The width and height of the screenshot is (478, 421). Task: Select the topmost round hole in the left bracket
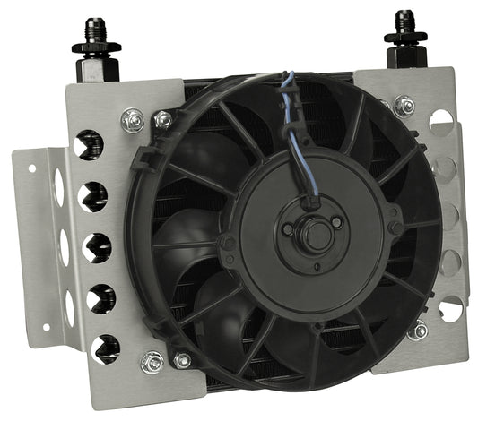(x=89, y=143)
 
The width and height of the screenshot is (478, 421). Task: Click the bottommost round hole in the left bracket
(x=104, y=348)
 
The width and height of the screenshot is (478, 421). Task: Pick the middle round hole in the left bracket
(x=97, y=247)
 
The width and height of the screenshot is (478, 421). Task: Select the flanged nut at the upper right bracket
(x=404, y=106)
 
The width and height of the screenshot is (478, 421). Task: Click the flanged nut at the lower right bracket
(x=416, y=331)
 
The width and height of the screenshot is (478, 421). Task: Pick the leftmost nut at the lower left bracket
(x=153, y=362)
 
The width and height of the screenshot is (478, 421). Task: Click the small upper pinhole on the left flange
(x=32, y=168)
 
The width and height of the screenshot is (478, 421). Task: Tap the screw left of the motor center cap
(x=288, y=229)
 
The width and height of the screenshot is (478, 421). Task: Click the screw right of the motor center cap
(x=335, y=222)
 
